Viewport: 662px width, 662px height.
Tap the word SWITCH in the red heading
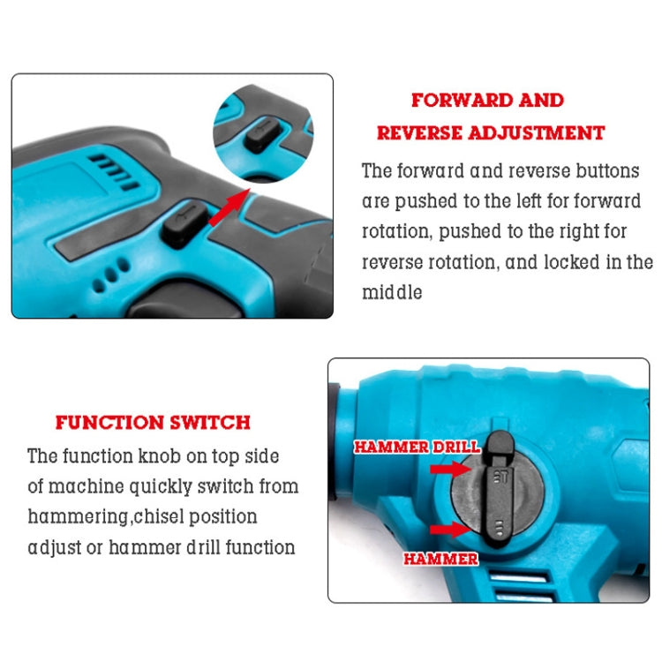pos(213,423)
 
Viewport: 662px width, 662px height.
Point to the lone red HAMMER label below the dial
pos(441,559)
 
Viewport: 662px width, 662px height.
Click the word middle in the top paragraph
pos(393,292)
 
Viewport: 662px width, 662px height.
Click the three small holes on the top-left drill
pos(112,272)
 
